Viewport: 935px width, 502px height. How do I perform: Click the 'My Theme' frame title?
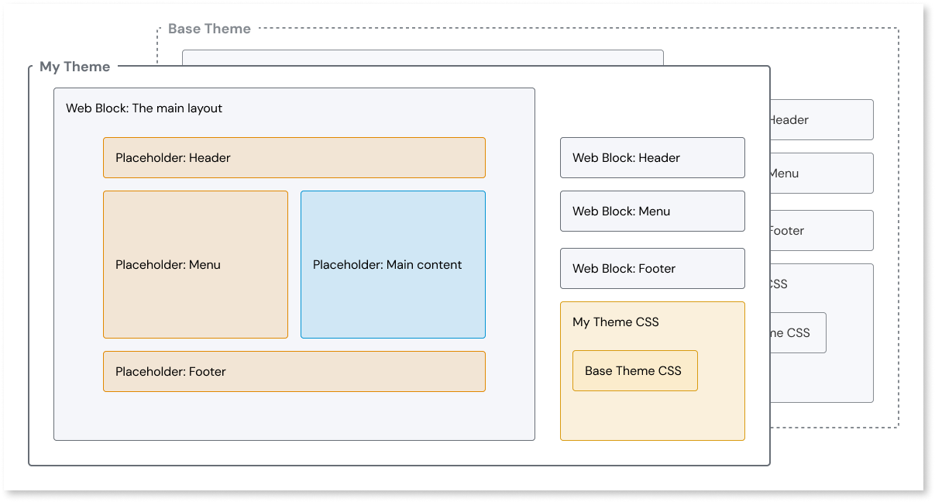point(74,67)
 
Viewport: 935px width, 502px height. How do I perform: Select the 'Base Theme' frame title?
point(209,29)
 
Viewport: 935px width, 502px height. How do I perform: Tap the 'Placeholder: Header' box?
point(294,158)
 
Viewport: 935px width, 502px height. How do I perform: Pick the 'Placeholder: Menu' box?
point(195,265)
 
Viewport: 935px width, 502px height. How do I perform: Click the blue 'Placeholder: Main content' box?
point(393,265)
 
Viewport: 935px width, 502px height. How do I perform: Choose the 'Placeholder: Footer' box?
point(294,372)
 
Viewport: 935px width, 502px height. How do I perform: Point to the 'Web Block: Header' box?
point(652,158)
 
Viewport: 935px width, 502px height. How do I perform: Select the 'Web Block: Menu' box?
point(652,211)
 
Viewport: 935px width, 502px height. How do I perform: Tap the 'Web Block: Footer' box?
point(652,269)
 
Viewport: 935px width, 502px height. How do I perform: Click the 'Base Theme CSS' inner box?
point(634,371)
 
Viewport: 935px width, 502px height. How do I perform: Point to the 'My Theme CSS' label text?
point(616,322)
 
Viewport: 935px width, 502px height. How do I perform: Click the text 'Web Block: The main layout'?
point(144,108)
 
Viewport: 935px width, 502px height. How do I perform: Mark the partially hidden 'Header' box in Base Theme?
point(821,120)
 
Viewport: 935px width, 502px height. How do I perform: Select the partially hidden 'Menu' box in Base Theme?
point(821,174)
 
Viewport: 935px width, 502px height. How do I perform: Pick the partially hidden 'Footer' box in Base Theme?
point(821,231)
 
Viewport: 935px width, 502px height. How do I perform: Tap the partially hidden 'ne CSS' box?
point(798,333)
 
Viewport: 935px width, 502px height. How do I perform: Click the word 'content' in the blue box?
point(439,265)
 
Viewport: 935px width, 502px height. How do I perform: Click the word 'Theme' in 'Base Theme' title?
point(229,29)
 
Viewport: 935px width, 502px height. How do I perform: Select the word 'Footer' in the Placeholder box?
point(207,372)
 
